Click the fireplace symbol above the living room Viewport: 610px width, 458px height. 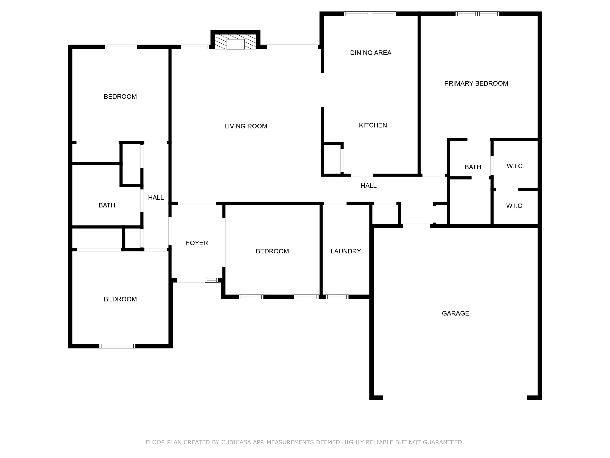click(x=235, y=42)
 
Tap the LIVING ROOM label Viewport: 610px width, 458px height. click(x=245, y=126)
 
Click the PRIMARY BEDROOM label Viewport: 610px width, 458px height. click(x=476, y=83)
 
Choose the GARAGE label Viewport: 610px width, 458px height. click(x=455, y=313)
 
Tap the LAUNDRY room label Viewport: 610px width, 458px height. click(x=345, y=251)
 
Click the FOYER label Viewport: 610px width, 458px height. click(x=197, y=243)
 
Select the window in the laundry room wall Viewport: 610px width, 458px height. click(x=337, y=297)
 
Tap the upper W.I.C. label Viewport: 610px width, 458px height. click(x=515, y=166)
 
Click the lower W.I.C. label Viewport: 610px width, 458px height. click(x=515, y=206)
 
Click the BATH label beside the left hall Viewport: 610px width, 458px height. click(x=107, y=205)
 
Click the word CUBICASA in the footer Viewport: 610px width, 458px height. click(x=236, y=442)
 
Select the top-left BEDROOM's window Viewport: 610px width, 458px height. click(x=121, y=47)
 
